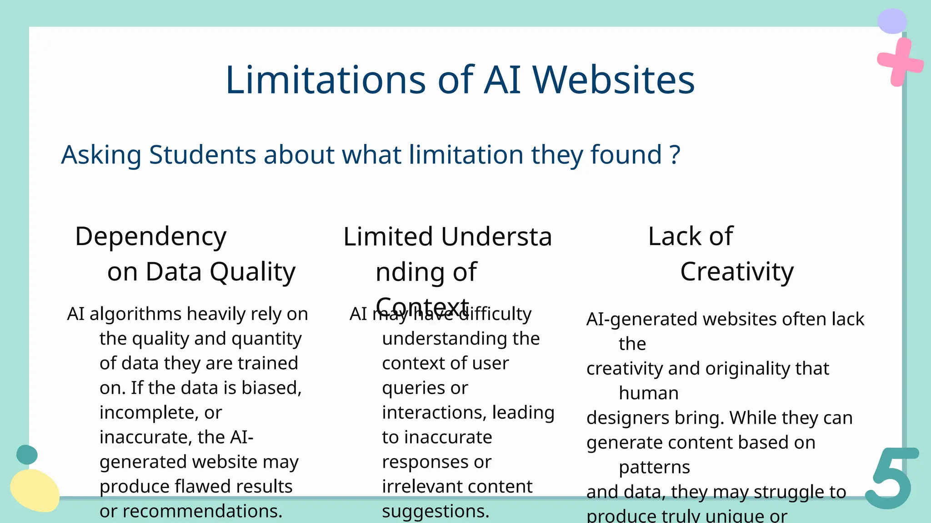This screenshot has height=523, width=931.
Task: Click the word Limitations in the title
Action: [x=325, y=80]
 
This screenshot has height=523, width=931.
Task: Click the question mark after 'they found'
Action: [x=675, y=155]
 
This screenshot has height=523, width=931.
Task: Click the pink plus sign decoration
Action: [x=899, y=62]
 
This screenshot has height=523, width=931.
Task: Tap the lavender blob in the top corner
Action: [x=892, y=21]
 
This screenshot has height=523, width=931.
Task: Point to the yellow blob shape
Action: [x=35, y=490]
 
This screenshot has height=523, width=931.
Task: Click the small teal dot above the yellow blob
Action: [x=27, y=454]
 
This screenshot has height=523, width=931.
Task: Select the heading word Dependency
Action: [x=150, y=237]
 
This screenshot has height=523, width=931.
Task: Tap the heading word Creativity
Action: [x=736, y=272]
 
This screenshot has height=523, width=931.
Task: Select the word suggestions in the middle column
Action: [x=435, y=511]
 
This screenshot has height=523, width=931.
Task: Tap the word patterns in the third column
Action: [x=654, y=467]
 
